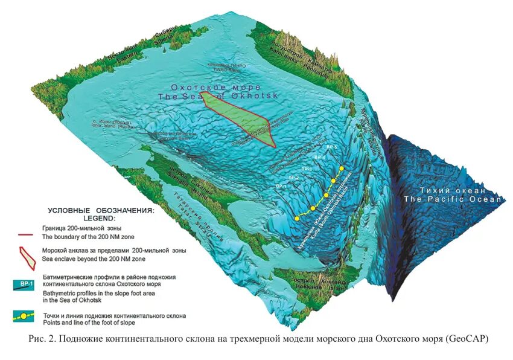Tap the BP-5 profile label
coord(331,147)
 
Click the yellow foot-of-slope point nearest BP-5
coord(342,168)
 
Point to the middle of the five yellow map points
coord(327,195)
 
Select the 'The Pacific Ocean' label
coord(453,199)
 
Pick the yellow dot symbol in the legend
coord(25,315)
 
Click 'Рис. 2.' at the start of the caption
coord(42,339)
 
